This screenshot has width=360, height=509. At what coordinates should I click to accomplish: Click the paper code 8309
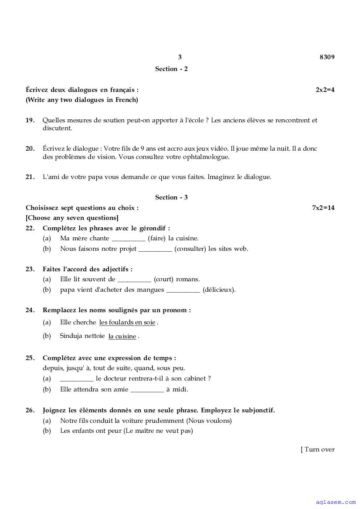327,57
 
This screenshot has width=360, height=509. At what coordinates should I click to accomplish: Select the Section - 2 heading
171,69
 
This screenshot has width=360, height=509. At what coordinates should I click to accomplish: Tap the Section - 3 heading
171,197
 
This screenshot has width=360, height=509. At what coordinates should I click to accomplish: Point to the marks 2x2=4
325,90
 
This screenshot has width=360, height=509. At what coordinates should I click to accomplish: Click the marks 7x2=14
323,208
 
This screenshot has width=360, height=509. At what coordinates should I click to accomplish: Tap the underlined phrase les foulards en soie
127,323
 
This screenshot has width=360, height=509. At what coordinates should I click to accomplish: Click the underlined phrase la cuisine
122,336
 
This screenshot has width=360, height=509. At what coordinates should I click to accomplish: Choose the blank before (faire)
129,239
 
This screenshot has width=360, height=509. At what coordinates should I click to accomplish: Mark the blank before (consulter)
155,249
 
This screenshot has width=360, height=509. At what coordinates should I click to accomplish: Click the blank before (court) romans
134,280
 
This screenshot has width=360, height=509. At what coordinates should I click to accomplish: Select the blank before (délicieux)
183,290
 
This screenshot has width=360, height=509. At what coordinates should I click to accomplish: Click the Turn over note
318,449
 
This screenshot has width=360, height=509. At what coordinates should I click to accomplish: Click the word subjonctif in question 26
258,410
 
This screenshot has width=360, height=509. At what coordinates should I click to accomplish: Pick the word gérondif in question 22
153,228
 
